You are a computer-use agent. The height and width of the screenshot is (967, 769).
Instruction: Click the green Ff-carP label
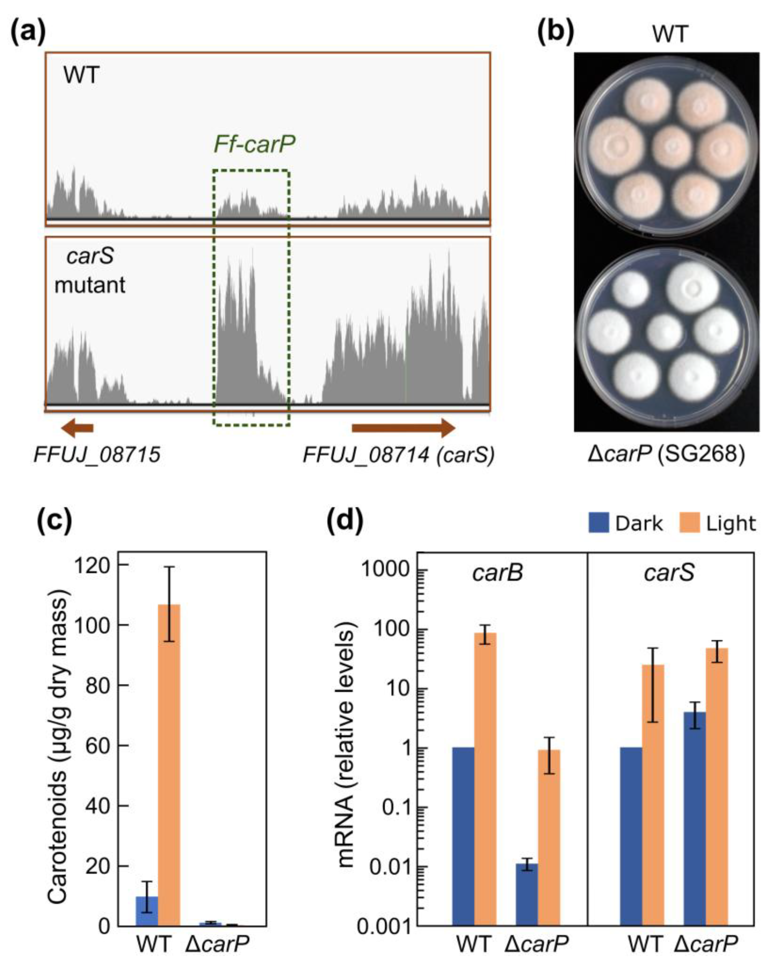point(254,144)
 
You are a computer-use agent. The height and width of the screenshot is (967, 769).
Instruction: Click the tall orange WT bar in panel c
point(169,762)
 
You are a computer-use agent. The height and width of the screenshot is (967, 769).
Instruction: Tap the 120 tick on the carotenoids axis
point(92,566)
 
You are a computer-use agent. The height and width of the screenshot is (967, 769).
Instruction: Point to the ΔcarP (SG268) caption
point(666,454)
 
